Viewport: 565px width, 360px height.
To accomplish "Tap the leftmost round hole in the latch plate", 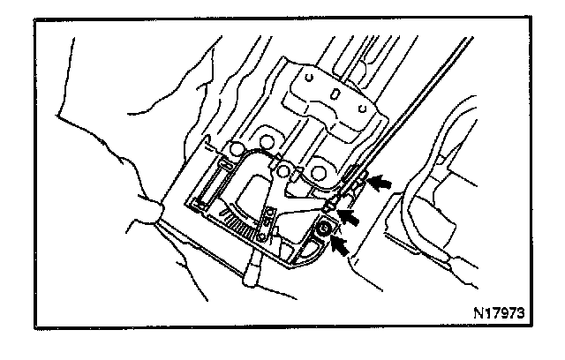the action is coord(236,146).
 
